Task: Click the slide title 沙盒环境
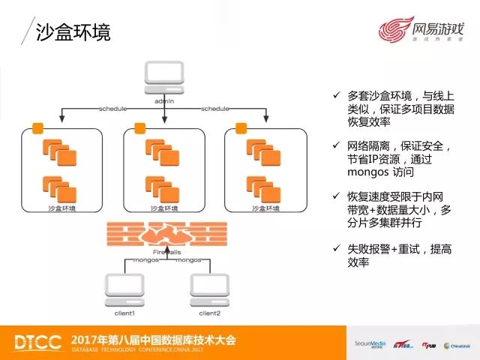point(73,32)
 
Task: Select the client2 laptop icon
point(210,289)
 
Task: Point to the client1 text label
point(124,312)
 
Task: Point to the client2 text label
point(210,312)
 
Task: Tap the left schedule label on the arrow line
point(113,109)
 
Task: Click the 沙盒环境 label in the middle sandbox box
point(164,208)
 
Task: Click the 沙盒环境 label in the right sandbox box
point(266,208)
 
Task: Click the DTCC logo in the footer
point(37,341)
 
